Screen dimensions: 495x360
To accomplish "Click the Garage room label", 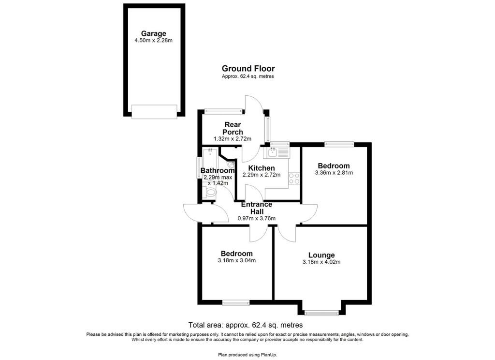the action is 153,33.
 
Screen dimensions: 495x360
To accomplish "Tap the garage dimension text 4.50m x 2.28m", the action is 153,41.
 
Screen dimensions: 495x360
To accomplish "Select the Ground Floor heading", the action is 248,69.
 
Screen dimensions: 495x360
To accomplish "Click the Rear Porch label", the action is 233,128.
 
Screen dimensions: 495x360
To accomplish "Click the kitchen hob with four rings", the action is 294,178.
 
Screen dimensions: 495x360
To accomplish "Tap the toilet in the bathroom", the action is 209,192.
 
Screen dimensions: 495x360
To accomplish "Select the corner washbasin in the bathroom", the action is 231,165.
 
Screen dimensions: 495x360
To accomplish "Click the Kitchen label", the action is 262,168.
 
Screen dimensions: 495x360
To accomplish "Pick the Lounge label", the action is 321,255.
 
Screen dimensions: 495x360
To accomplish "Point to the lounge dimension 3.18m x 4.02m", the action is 321,262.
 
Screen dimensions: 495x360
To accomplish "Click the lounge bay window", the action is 321,313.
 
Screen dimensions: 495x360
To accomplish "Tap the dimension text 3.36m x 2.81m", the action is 334,173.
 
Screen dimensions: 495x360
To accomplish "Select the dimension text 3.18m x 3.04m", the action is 236,261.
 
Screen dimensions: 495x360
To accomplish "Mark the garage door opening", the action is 154,112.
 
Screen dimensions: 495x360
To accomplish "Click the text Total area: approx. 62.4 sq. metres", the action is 245,325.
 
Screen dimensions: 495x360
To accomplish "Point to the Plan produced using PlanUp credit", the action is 247,355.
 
